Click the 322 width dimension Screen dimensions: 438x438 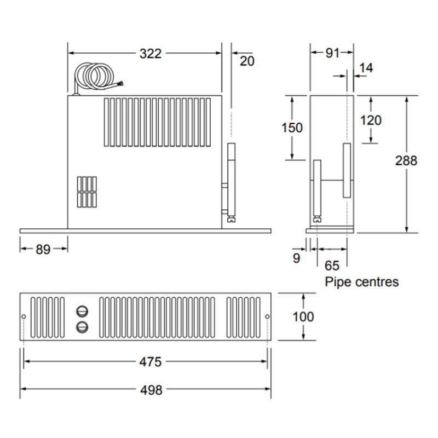[x=150, y=54]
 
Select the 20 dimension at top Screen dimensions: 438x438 [x=247, y=61]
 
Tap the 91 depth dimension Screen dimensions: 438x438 [x=332, y=53]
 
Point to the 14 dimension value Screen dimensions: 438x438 [x=366, y=68]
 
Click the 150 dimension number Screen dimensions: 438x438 [x=292, y=128]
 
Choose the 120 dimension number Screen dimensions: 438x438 [x=371, y=120]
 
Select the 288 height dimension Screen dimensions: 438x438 [x=406, y=160]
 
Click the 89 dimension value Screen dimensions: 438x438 [x=43, y=249]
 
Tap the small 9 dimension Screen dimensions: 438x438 [x=296, y=258]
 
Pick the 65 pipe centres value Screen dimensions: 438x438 [x=332, y=266]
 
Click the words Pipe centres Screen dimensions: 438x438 [x=362, y=283]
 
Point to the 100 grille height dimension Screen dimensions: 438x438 [x=303, y=316]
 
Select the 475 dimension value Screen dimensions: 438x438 [x=150, y=362]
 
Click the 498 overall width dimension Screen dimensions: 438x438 [x=151, y=390]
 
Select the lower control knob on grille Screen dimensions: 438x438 [x=82, y=327]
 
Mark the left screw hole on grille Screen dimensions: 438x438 [x=24, y=317]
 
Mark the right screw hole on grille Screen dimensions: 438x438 [x=267, y=317]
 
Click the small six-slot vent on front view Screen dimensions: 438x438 [x=87, y=192]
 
